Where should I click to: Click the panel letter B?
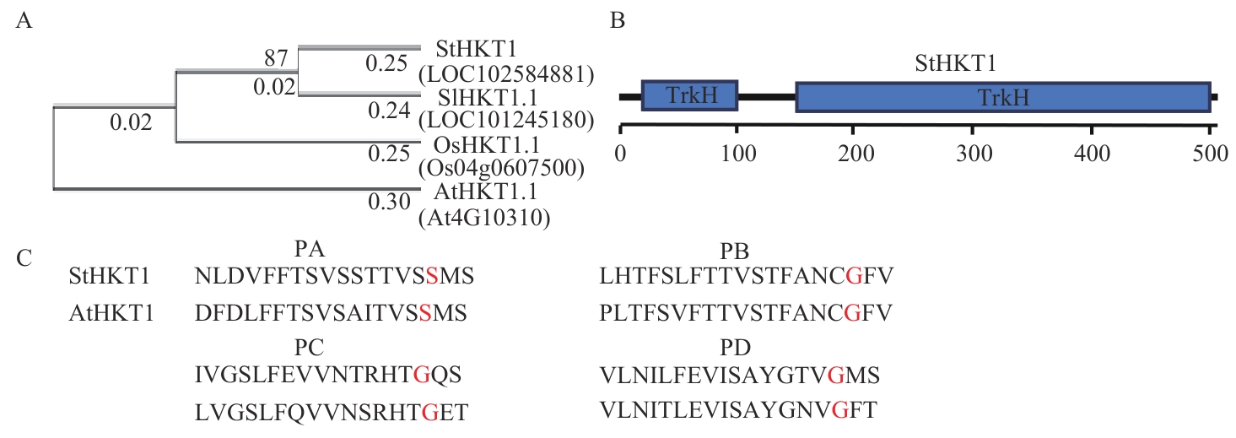[618, 23]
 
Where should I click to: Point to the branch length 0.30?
[388, 202]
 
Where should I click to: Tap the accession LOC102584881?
[506, 74]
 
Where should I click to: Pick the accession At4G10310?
[484, 219]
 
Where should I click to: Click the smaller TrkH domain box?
[690, 96]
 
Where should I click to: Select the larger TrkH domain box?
[1003, 97]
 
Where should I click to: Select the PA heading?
[310, 252]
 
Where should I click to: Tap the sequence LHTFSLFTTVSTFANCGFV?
[745, 276]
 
